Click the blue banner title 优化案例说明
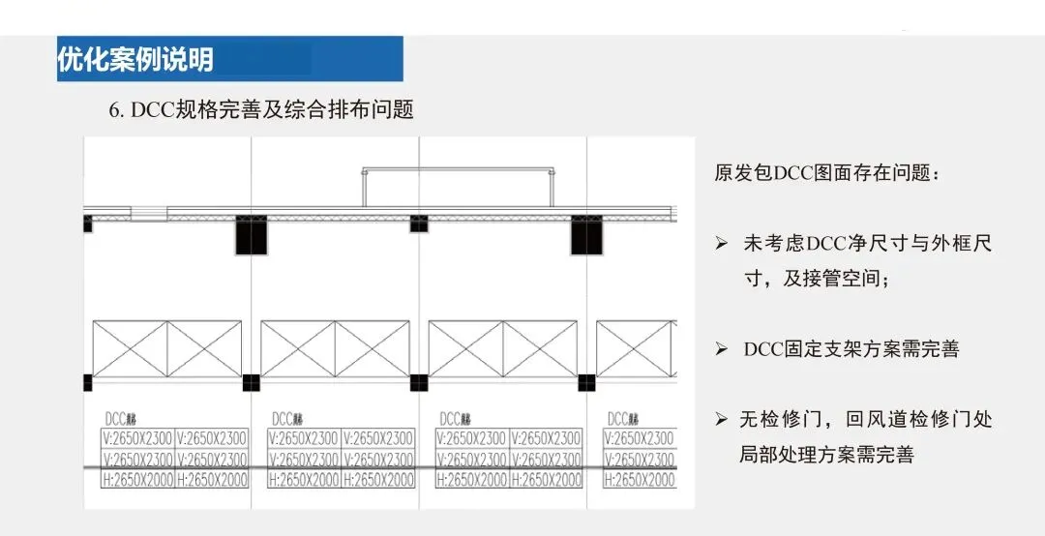tap(135, 60)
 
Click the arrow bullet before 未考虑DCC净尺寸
tap(721, 244)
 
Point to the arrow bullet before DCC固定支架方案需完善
tap(721, 349)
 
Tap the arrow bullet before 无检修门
tap(721, 420)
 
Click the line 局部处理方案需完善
tap(826, 455)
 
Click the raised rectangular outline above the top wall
tap(459, 186)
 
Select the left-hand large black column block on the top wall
tap(250, 235)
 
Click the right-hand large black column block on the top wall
tap(585, 235)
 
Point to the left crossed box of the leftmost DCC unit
tap(129, 348)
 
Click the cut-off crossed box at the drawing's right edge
tap(635, 348)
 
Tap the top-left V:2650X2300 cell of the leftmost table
tap(138, 438)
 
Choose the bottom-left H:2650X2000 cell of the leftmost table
tap(138, 480)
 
